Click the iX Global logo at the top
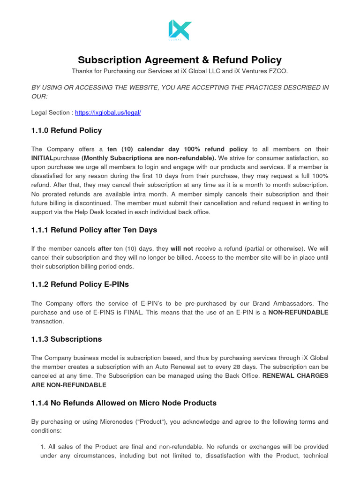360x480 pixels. (180, 30)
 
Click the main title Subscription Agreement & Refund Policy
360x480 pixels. (180, 60)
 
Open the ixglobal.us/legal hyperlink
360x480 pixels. (108, 112)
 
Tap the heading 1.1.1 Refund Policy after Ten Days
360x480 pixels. (94, 230)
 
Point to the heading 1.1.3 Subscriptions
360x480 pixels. (66, 339)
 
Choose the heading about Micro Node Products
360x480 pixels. (124, 403)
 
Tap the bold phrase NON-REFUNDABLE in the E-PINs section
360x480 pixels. (298, 312)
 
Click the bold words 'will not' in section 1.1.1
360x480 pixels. (182, 248)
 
